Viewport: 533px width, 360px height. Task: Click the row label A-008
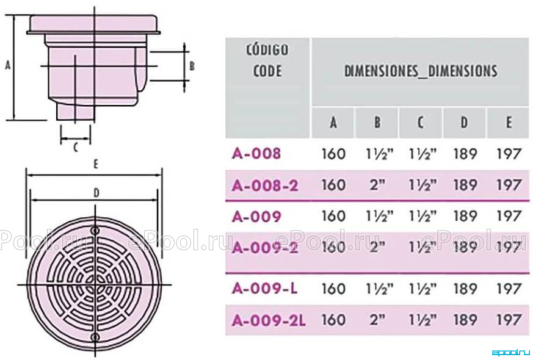pos(256,154)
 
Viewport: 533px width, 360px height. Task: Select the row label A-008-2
pos(265,185)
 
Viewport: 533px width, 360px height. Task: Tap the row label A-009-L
pos(265,289)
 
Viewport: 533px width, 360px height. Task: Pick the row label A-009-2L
pos(269,320)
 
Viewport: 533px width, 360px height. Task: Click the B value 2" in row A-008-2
pos(377,185)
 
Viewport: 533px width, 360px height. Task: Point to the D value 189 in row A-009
pos(465,216)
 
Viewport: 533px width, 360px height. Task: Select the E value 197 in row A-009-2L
pos(509,320)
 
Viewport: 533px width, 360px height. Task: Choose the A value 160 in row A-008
pos(333,154)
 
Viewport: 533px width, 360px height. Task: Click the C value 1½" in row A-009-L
pos(422,289)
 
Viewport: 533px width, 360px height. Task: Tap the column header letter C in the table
pos(421,122)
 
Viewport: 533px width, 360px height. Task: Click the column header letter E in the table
pos(509,122)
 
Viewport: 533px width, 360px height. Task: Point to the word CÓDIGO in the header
pos(267,49)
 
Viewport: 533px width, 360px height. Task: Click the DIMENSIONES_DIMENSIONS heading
pos(421,71)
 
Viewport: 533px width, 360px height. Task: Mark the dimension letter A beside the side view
pos(8,65)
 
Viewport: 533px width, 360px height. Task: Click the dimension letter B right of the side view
pos(192,65)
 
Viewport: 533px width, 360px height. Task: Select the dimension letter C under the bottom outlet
pos(76,148)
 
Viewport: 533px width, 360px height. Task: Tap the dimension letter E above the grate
pos(96,164)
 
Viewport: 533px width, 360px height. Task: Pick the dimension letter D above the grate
pos(96,193)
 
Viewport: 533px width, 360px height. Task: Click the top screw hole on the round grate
pos(95,230)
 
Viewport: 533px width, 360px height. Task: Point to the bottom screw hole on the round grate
pos(95,337)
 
